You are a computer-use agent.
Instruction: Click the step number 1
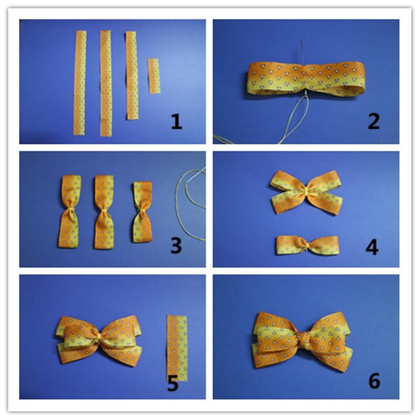[x=176, y=122]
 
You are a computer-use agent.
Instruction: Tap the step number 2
[x=373, y=121]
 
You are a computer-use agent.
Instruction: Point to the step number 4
[x=372, y=247]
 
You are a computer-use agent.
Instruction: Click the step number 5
[x=172, y=383]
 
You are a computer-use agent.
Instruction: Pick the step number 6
[x=373, y=381]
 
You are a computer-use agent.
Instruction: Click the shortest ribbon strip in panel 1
[x=153, y=76]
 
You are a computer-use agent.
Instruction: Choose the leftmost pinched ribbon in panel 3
[x=70, y=211]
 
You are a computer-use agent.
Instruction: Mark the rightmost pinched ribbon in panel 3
[x=142, y=212]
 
